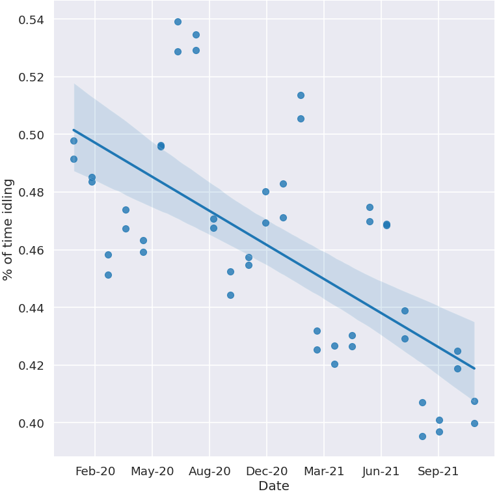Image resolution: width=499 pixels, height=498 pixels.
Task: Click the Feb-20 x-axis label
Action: [x=95, y=471]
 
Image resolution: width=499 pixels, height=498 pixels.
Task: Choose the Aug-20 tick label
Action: [x=209, y=471]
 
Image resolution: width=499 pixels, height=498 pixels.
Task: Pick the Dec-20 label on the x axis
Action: [x=267, y=471]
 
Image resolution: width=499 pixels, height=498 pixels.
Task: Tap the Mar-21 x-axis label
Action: [x=324, y=471]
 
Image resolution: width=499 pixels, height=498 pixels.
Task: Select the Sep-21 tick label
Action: [x=438, y=471]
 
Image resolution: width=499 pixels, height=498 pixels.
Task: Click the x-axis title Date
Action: [x=273, y=486]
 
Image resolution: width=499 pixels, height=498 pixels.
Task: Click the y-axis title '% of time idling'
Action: [x=8, y=229]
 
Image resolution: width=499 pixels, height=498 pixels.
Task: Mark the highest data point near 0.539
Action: [x=178, y=21]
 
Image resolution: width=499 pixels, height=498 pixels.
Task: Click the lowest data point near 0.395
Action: [x=422, y=436]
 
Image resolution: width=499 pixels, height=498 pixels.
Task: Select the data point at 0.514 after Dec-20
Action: [x=301, y=95]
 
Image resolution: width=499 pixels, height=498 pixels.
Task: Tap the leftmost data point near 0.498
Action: [x=74, y=141]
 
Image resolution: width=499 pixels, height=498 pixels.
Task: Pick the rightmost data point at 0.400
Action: [x=474, y=423]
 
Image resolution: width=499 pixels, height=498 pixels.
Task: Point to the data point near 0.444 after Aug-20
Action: [x=230, y=295]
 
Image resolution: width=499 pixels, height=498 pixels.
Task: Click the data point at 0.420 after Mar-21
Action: [x=334, y=364]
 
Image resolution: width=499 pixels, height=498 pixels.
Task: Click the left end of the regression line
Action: [x=74, y=130]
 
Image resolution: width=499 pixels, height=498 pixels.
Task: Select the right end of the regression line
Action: [x=474, y=368]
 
